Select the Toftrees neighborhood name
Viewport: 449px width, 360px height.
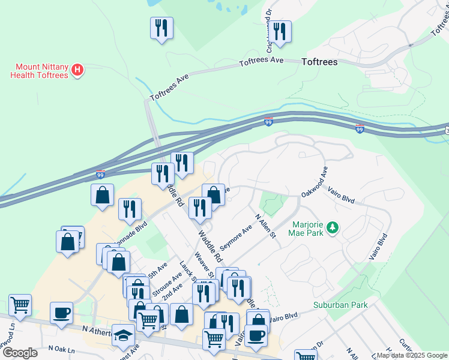pos(319,62)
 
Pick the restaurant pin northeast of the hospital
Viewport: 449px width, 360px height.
pos(161,28)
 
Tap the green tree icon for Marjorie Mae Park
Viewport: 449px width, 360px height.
pos(331,228)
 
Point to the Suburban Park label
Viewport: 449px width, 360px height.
pos(340,305)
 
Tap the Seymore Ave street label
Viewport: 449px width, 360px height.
pos(236,238)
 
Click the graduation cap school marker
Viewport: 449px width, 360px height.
pos(124,335)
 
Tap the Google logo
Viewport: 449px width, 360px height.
pos(20,353)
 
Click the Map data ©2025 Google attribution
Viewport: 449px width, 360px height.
pos(411,355)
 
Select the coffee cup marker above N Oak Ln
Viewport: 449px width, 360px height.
pos(62,314)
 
